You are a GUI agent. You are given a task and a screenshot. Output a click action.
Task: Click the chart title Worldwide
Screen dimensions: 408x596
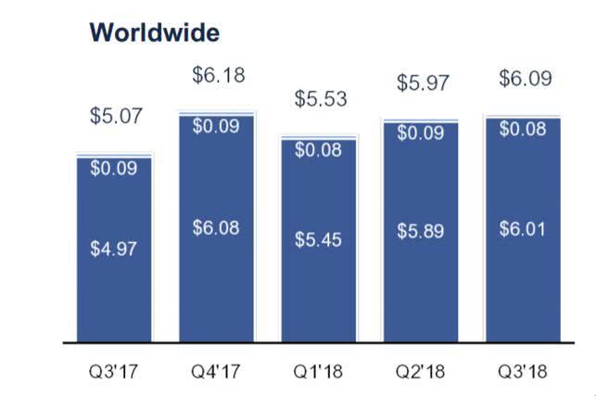click(x=155, y=33)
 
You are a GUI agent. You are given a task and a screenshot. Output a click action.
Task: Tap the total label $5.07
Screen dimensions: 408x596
click(x=116, y=118)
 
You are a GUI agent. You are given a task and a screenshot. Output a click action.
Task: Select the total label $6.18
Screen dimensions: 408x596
click(x=218, y=75)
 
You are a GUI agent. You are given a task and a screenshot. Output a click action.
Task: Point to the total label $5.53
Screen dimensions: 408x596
click(x=320, y=97)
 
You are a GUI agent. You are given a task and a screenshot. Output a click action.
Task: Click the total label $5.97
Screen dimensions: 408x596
click(x=422, y=83)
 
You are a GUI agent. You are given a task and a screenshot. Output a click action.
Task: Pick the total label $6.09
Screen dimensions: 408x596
click(x=525, y=79)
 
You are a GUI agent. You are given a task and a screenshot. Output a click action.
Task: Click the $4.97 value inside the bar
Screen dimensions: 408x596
click(x=115, y=249)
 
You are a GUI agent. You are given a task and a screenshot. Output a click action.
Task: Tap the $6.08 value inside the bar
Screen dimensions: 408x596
click(x=218, y=228)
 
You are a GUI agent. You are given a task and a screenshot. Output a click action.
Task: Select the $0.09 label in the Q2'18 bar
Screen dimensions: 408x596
click(x=422, y=134)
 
